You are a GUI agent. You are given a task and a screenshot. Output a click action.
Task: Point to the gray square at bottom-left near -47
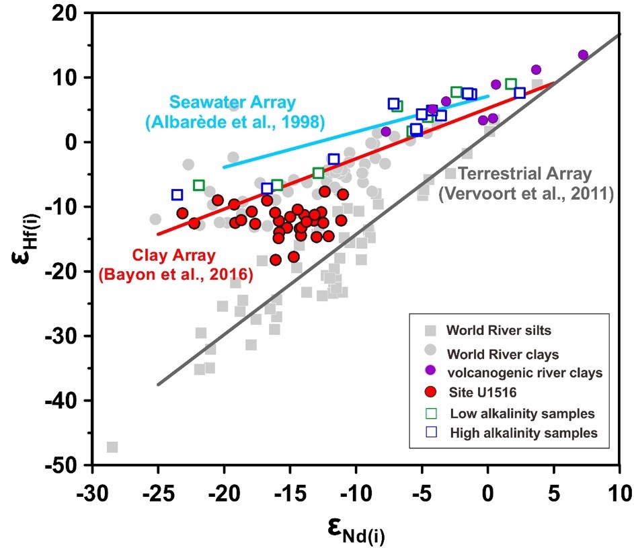click(x=112, y=447)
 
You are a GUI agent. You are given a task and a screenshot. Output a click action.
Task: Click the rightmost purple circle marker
click(x=583, y=55)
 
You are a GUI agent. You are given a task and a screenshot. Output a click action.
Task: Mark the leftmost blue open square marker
click(x=177, y=195)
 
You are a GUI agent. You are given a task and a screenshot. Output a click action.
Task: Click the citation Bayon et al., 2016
click(x=175, y=274)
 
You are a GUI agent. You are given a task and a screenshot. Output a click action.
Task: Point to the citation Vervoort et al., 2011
click(x=526, y=196)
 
